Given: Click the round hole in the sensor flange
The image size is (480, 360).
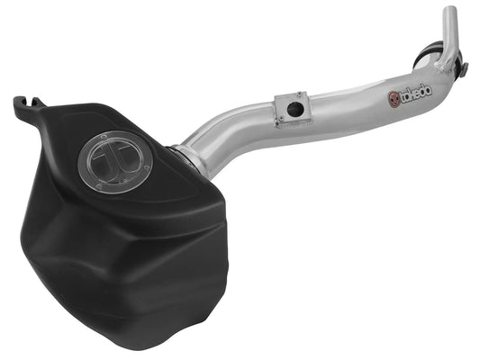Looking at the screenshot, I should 293,108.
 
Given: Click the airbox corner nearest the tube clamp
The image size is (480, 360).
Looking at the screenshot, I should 185,171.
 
